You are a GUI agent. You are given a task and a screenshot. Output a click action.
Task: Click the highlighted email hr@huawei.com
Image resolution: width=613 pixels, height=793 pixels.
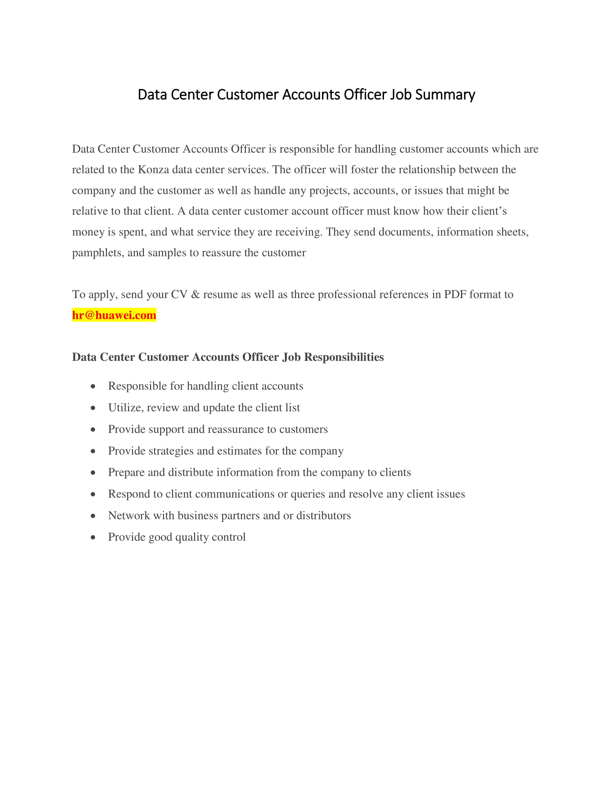114,315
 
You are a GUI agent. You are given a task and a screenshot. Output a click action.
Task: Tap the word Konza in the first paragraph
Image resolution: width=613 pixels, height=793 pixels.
153,169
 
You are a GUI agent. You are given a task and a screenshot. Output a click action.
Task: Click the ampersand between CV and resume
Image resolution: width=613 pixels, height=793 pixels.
195,294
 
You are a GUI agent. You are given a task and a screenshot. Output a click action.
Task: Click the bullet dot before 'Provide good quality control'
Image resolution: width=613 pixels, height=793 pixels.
93,537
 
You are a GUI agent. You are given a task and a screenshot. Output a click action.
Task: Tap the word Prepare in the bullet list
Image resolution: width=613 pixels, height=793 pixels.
126,473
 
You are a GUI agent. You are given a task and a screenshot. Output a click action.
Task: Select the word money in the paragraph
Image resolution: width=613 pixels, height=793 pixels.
88,232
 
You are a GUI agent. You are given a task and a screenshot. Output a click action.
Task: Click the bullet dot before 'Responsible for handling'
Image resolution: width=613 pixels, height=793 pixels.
93,386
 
